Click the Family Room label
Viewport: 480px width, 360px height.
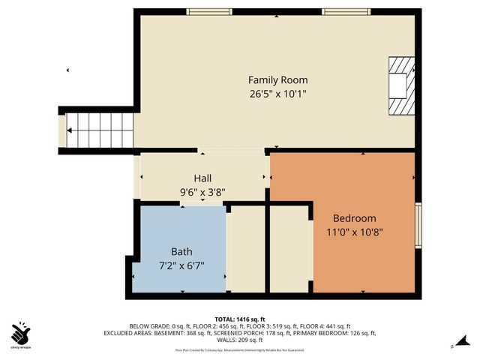click(277, 80)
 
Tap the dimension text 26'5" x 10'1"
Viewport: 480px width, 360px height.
click(277, 94)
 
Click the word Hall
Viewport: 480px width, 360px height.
click(202, 178)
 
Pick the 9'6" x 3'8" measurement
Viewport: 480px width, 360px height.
click(202, 192)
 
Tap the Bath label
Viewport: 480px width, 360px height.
click(181, 252)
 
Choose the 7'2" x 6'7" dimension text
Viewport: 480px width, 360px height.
click(181, 265)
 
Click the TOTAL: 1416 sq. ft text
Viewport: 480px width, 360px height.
click(240, 319)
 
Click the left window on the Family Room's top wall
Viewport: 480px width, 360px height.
click(208, 11)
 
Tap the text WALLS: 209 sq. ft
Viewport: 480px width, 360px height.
click(240, 339)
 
